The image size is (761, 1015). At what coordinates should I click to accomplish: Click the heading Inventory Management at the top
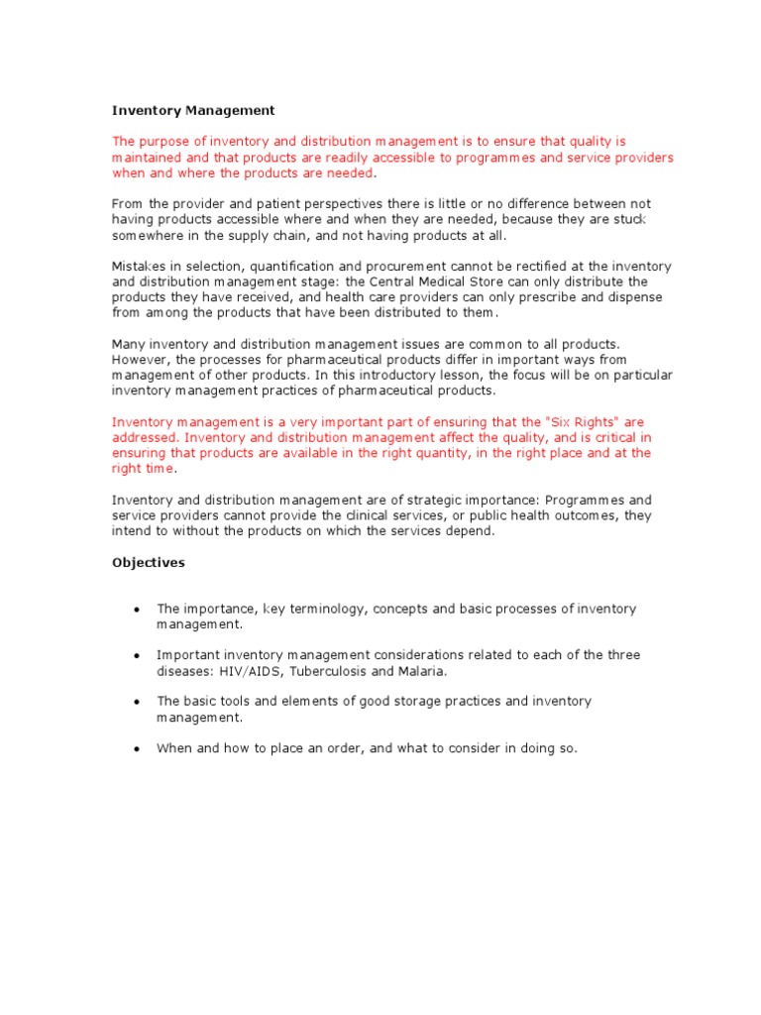pyautogui.click(x=193, y=110)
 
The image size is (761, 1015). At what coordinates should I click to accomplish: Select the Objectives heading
pyautogui.click(x=148, y=562)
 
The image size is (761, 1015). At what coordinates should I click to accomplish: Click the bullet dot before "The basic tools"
pyautogui.click(x=136, y=702)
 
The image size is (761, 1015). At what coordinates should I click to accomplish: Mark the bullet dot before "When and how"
pyautogui.click(x=136, y=748)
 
